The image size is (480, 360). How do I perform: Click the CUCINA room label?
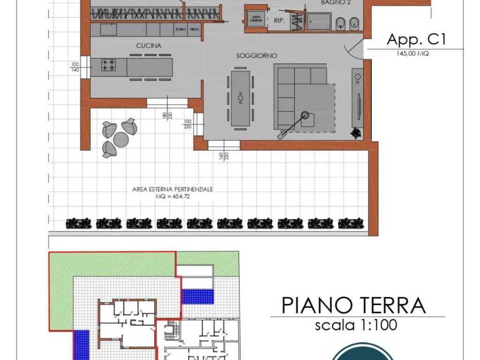tap(149, 46)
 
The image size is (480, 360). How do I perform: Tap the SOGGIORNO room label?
tap(256, 55)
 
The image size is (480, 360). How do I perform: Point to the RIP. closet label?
tap(279, 21)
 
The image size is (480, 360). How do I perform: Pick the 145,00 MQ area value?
tap(412, 54)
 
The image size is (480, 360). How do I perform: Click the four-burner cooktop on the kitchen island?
tap(109, 66)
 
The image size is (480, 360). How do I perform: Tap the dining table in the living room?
tap(240, 98)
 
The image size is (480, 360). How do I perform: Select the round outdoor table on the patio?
tap(121, 139)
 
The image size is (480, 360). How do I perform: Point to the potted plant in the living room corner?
tap(357, 133)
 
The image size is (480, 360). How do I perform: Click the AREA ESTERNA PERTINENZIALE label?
tap(173, 190)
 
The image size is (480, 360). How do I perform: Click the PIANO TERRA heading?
tap(353, 305)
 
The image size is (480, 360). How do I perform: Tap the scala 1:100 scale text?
tap(356, 324)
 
